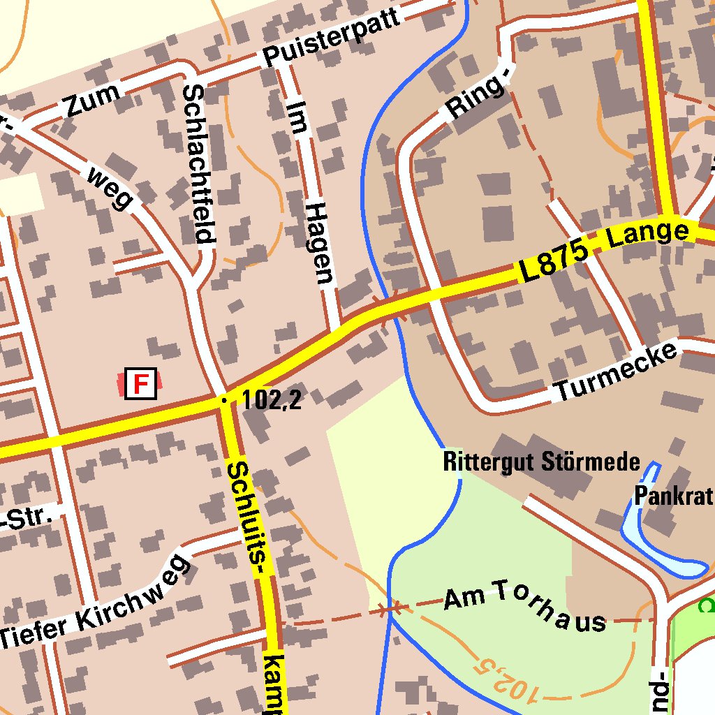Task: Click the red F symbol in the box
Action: point(141,383)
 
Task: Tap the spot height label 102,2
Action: point(272,400)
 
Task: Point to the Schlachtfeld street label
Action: point(198,164)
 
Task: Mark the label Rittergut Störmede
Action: point(542,462)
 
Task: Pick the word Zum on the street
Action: point(91,101)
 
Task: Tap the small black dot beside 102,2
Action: point(224,400)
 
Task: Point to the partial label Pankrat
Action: point(674,496)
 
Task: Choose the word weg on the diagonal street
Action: point(110,187)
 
